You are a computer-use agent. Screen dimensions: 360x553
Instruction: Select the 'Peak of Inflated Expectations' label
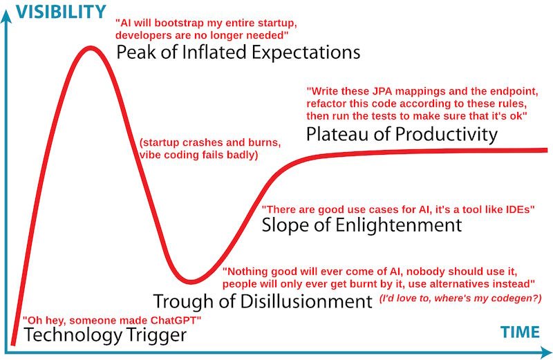point(238,53)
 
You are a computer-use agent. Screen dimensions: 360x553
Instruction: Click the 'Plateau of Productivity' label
point(402,133)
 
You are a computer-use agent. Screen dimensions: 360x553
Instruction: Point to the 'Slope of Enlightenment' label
point(362,225)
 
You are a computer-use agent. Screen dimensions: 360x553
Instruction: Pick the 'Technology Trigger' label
point(106,336)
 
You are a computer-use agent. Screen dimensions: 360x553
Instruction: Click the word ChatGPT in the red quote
point(171,321)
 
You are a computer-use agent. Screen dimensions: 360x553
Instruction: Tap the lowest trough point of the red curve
point(194,281)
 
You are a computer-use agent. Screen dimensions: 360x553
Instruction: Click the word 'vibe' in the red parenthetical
point(152,155)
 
